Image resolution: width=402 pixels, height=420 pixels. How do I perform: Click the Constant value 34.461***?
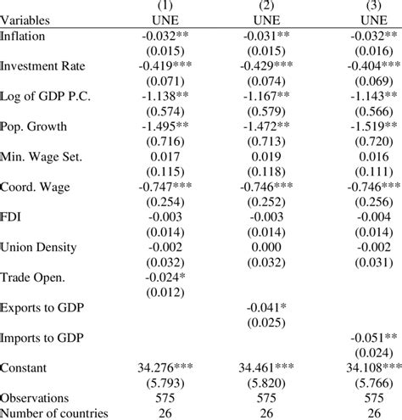click(265, 369)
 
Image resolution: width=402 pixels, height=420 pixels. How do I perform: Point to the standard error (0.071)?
click(161, 79)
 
